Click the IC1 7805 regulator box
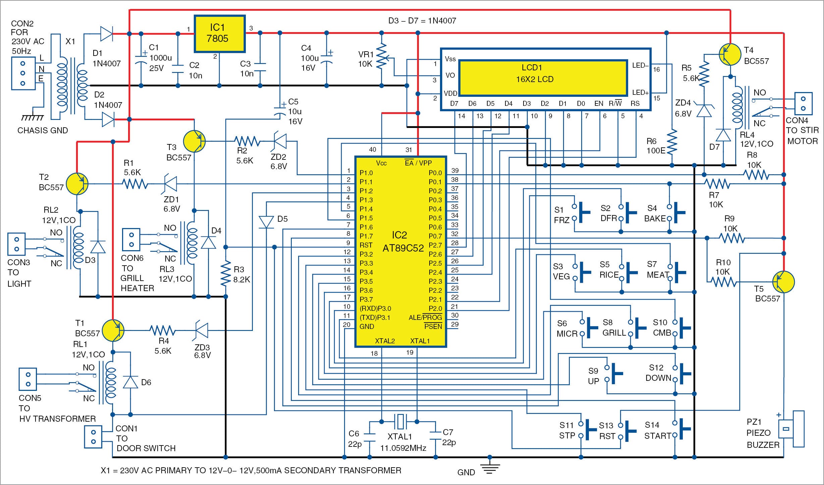pos(220,33)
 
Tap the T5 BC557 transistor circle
pos(783,282)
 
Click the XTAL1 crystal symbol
pos(399,421)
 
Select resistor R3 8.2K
pos(226,273)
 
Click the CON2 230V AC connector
pos(23,73)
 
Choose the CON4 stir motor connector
pos(803,103)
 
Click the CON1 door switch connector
pos(94,437)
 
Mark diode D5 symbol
pos(266,222)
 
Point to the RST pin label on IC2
pos(366,245)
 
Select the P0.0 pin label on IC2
pos(435,173)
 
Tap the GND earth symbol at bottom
pos(490,467)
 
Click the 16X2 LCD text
pos(535,79)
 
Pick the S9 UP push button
pos(614,373)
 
